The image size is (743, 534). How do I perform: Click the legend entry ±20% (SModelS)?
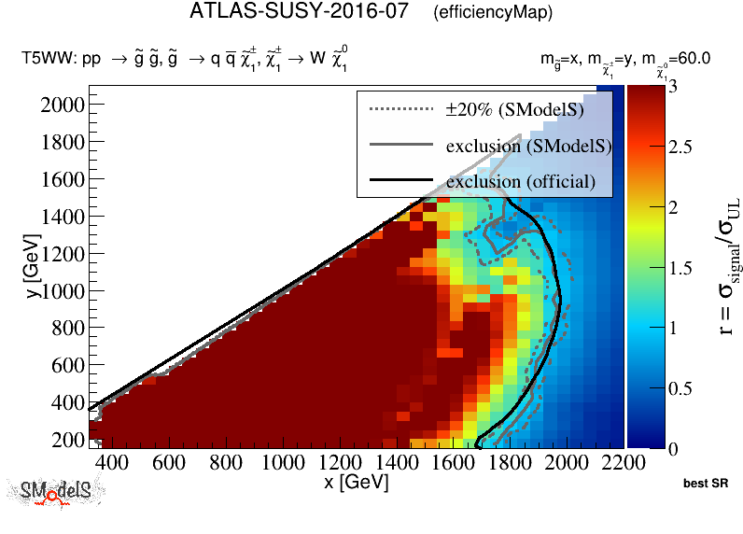coord(514,110)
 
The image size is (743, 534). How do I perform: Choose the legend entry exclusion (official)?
coord(520,180)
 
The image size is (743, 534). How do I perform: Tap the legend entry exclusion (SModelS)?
coord(527,146)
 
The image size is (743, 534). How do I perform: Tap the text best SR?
coord(706,484)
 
